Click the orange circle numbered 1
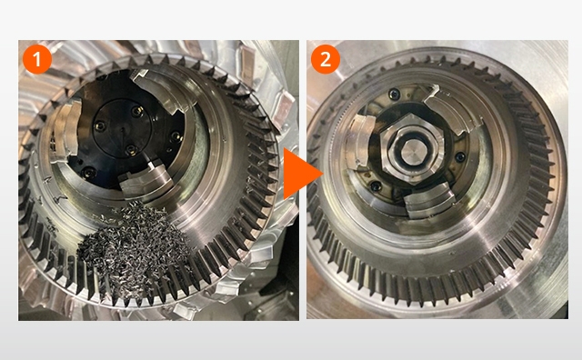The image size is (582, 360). click(37, 59)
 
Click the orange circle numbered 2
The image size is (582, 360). click(326, 59)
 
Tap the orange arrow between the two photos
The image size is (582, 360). click(303, 174)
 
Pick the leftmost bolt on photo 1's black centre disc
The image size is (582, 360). click(100, 126)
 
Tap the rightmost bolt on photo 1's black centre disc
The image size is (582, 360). click(174, 136)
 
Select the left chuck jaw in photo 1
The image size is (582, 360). click(66, 132)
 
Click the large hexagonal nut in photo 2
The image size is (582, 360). click(412, 149)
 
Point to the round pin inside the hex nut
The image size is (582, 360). click(412, 149)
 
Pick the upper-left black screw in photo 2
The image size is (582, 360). click(394, 95)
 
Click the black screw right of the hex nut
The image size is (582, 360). click(461, 157)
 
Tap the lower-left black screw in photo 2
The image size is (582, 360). click(376, 186)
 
